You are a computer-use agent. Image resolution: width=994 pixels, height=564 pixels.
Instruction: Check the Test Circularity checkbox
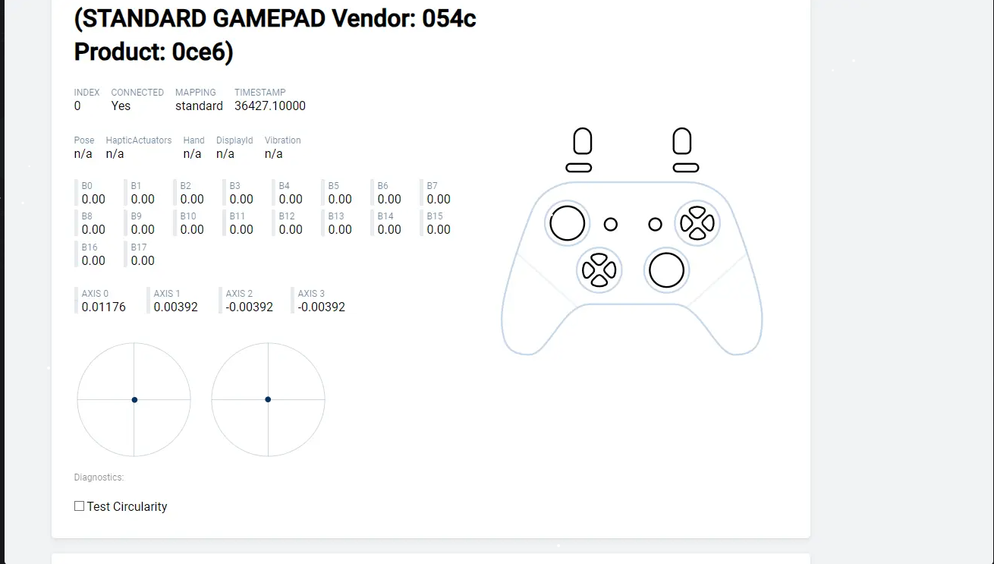(79, 506)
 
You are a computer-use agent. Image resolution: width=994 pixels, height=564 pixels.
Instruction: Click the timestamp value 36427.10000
(269, 106)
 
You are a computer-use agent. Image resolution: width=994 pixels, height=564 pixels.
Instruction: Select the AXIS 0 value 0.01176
(103, 307)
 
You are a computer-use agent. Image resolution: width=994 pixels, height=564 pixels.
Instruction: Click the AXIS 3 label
(311, 294)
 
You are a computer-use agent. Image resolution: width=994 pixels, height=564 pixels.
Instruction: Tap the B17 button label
(139, 247)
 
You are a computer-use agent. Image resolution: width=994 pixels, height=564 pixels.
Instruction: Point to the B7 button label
(432, 186)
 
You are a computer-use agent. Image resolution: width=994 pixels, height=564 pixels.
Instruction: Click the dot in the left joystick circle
(134, 400)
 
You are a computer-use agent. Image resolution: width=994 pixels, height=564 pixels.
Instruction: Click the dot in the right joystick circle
(268, 399)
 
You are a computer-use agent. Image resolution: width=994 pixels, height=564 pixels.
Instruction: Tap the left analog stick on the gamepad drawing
(567, 223)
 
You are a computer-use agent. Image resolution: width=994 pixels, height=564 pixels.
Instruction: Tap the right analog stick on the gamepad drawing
(666, 270)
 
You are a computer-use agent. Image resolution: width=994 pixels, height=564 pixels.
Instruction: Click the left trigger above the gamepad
(582, 142)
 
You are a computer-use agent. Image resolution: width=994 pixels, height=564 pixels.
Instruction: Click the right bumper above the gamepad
(685, 168)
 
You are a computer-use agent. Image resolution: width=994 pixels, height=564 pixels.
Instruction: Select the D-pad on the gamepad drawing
(599, 270)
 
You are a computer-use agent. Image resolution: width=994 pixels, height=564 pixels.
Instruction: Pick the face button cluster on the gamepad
(697, 223)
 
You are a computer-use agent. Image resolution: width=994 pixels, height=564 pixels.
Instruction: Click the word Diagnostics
(99, 477)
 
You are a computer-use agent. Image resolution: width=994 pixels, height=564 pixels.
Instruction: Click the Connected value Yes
(121, 106)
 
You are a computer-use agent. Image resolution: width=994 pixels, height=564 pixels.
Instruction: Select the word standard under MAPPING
(199, 106)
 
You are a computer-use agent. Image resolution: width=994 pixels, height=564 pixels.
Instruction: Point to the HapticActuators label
(139, 140)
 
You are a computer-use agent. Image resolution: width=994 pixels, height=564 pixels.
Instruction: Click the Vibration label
(282, 140)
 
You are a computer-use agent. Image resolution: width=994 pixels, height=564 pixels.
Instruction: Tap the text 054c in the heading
(448, 18)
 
